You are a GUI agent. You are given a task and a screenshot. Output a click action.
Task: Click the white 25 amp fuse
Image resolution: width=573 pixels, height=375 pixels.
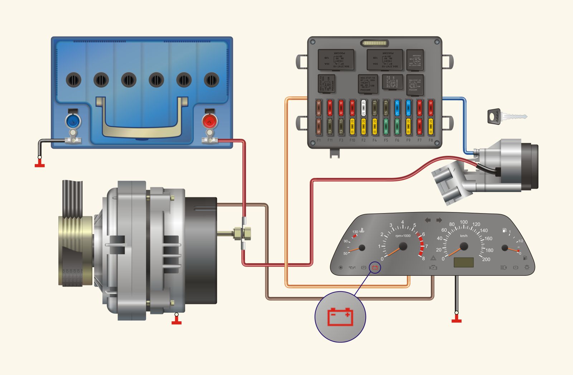(x=363, y=107)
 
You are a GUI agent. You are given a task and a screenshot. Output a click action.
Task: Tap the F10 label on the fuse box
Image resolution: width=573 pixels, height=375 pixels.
(x=352, y=140)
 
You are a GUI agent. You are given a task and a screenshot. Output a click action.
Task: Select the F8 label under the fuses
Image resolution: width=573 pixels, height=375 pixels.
(x=430, y=140)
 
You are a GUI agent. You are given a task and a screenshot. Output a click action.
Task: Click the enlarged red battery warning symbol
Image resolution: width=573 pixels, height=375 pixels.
(x=340, y=317)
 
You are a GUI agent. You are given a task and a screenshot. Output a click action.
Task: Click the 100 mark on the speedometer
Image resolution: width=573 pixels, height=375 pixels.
(x=464, y=222)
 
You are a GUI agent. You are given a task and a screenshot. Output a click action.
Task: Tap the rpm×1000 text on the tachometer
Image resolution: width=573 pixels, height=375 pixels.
(x=403, y=236)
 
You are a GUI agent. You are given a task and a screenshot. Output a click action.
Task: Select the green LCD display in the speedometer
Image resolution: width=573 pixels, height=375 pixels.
(x=464, y=262)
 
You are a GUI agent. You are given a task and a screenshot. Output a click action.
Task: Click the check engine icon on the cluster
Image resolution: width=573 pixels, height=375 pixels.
(x=433, y=267)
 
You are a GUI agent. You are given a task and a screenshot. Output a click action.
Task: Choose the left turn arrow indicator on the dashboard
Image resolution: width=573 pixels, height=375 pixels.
(x=428, y=220)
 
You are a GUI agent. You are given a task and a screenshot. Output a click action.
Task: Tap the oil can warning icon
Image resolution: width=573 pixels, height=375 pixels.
(x=352, y=267)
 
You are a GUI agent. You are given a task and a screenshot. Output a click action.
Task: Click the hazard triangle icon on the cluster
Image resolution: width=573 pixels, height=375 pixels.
(x=433, y=258)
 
